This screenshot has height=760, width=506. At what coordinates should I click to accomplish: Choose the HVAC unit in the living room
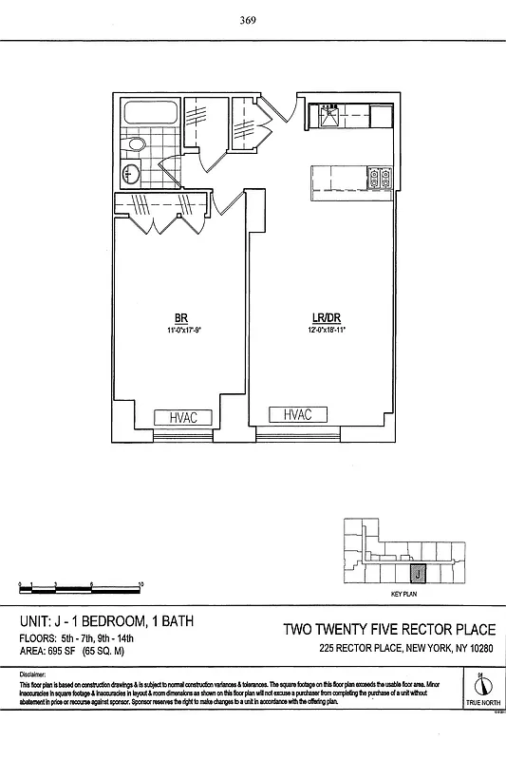click(298, 414)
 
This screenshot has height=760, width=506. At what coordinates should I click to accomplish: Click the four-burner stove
click(381, 176)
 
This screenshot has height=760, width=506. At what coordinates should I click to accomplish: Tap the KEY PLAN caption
click(404, 594)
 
